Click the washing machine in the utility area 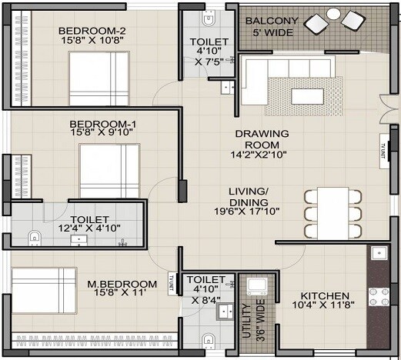[x=256, y=286]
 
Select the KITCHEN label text [x=325, y=296]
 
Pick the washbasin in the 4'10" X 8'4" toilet [x=224, y=312]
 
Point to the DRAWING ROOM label [x=262, y=139]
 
